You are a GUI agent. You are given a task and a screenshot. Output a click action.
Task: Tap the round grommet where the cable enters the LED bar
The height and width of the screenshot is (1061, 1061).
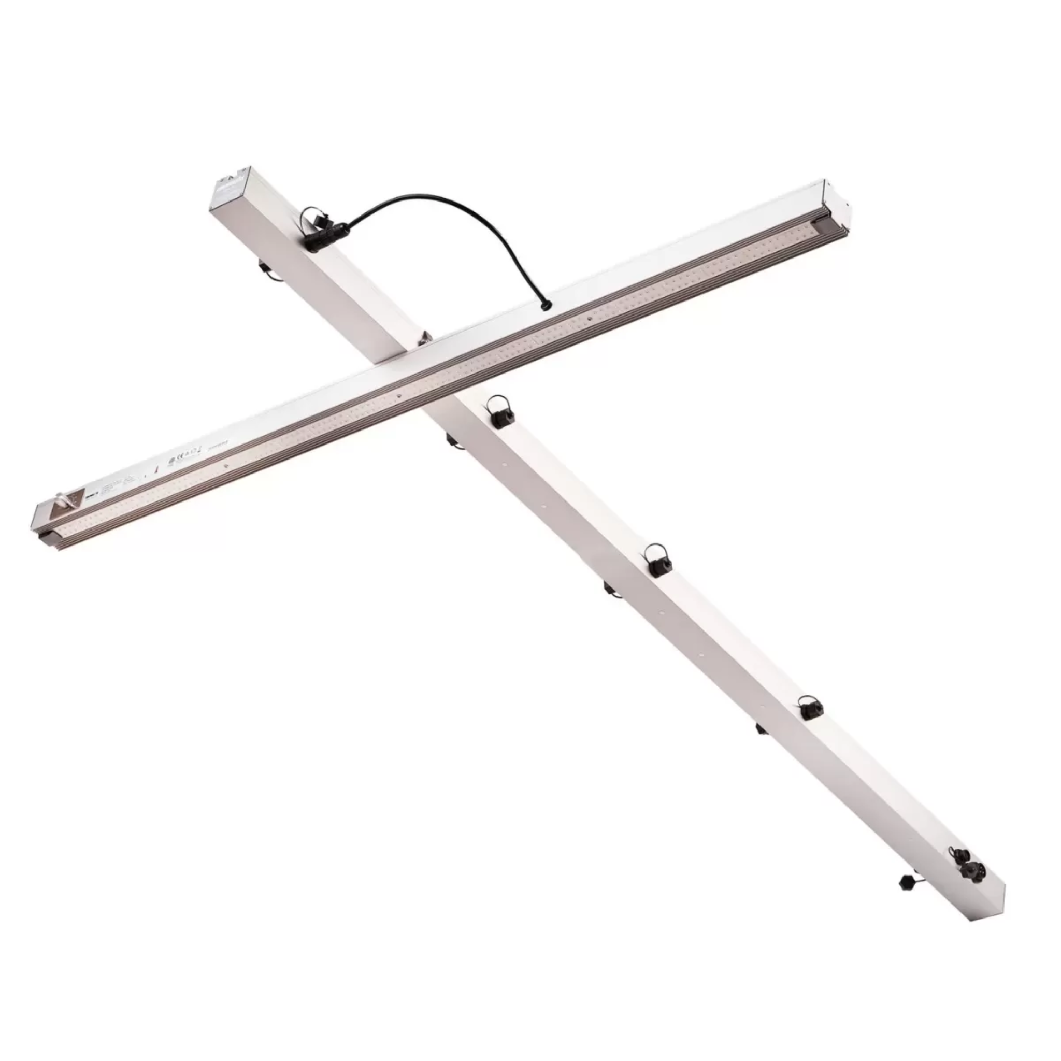click(545, 306)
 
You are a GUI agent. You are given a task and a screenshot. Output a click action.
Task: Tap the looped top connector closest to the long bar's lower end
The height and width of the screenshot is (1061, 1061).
click(810, 708)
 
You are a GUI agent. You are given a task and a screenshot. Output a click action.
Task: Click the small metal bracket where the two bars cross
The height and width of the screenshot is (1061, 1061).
click(424, 337)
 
